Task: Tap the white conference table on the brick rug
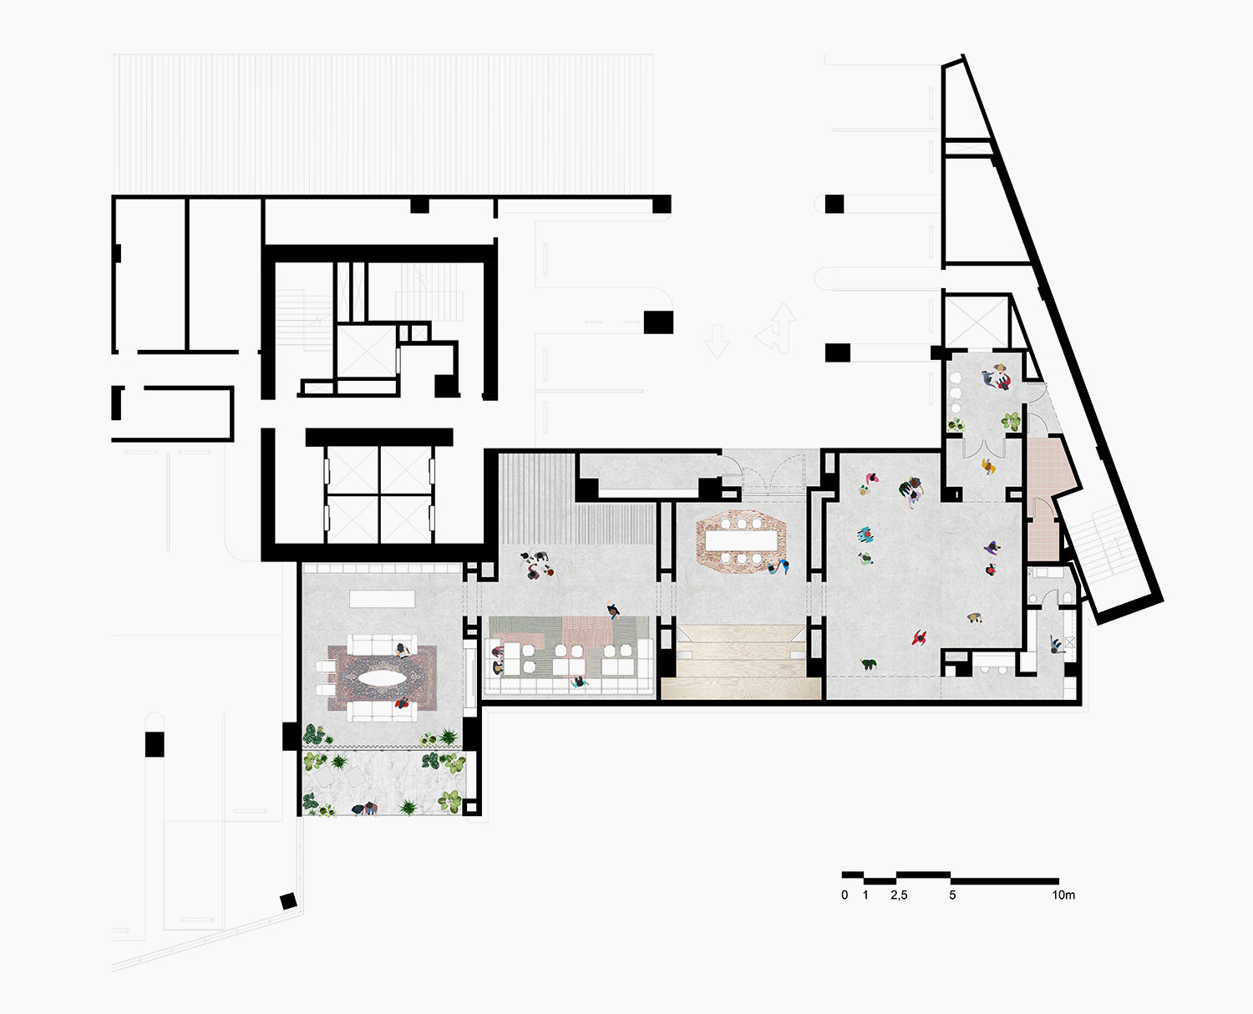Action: click(x=741, y=540)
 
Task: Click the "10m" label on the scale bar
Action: click(x=1063, y=895)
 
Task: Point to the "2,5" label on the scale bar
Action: click(x=899, y=895)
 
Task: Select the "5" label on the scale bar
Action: click(x=952, y=895)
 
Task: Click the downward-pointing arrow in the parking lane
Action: click(x=717, y=341)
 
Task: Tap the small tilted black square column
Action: click(x=288, y=901)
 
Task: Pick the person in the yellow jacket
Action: click(x=988, y=466)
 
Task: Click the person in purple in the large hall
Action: click(x=992, y=548)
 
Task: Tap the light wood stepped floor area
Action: click(x=741, y=662)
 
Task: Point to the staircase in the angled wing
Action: click(x=1097, y=544)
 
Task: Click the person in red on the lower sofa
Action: click(x=402, y=702)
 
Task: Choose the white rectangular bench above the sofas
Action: click(x=383, y=599)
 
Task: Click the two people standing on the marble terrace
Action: click(x=365, y=809)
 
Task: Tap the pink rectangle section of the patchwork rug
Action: click(x=587, y=630)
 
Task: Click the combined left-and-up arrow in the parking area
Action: click(x=777, y=328)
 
